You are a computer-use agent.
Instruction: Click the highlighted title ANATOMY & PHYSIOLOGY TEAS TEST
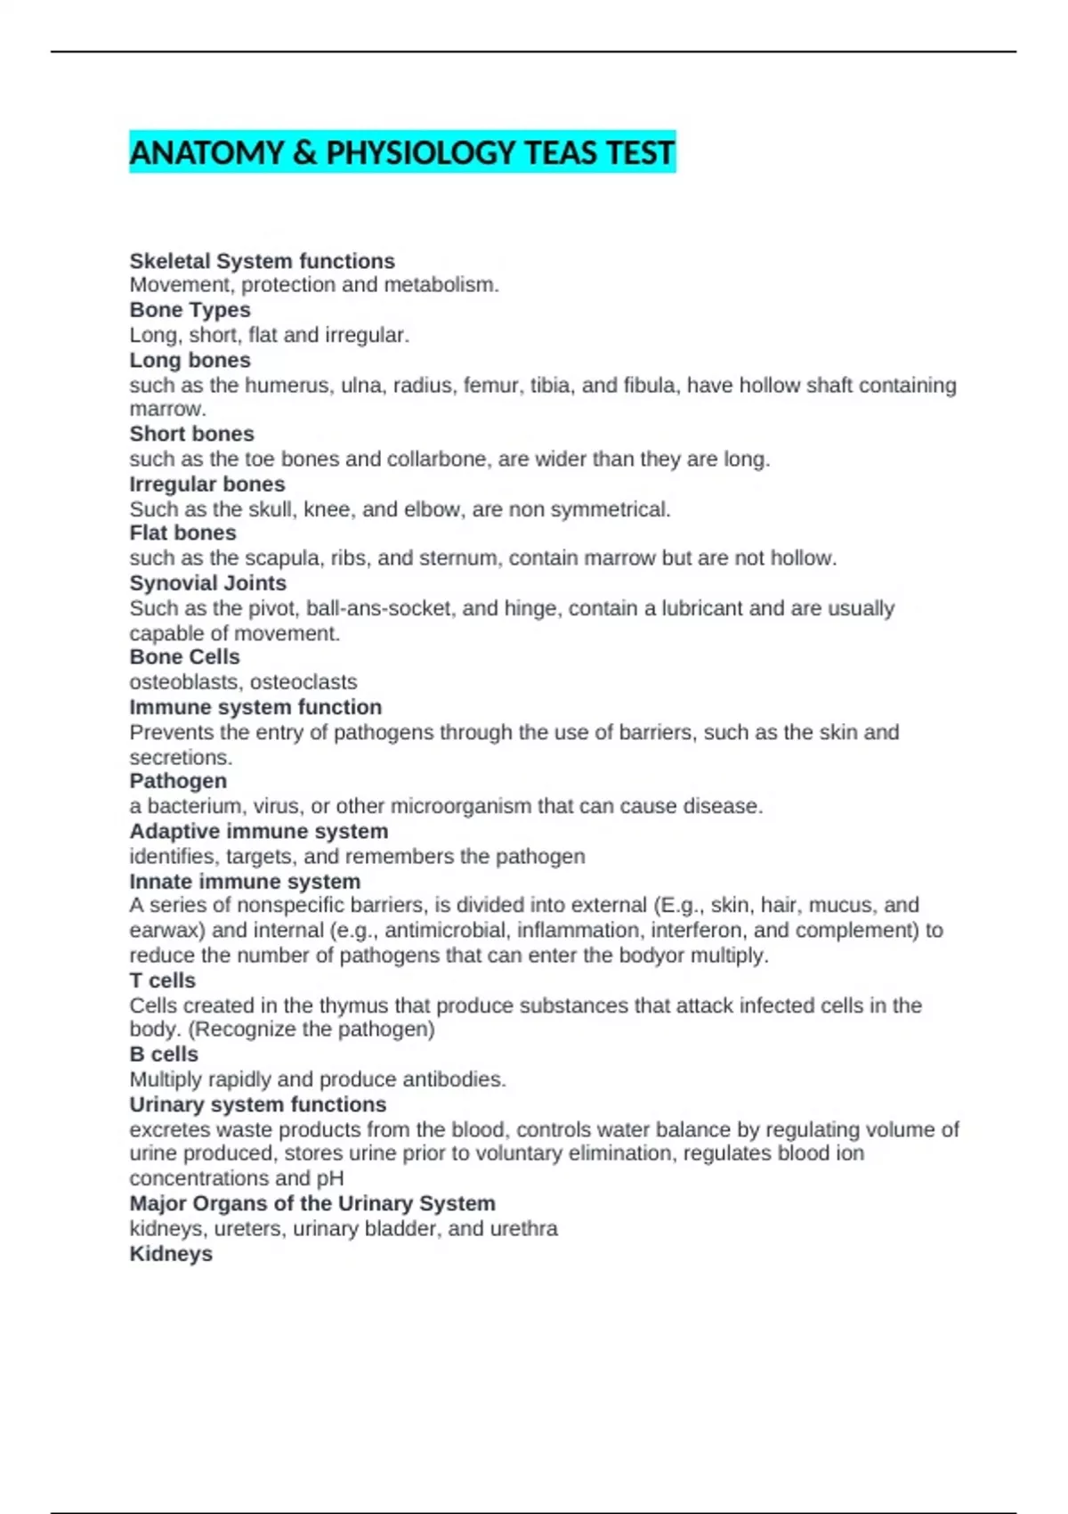402,153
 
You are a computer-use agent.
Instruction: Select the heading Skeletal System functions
262,261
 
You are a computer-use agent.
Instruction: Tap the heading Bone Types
190,310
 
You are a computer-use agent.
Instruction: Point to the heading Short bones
191,434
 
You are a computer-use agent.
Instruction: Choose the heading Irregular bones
207,484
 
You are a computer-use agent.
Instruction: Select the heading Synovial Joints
207,583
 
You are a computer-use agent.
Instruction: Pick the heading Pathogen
178,781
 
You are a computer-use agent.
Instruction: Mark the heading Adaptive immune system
258,831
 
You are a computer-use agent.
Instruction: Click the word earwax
165,931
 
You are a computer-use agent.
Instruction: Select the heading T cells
162,981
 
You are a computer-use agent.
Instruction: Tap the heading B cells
164,1054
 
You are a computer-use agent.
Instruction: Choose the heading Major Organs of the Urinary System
312,1203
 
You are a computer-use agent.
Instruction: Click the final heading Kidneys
171,1254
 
